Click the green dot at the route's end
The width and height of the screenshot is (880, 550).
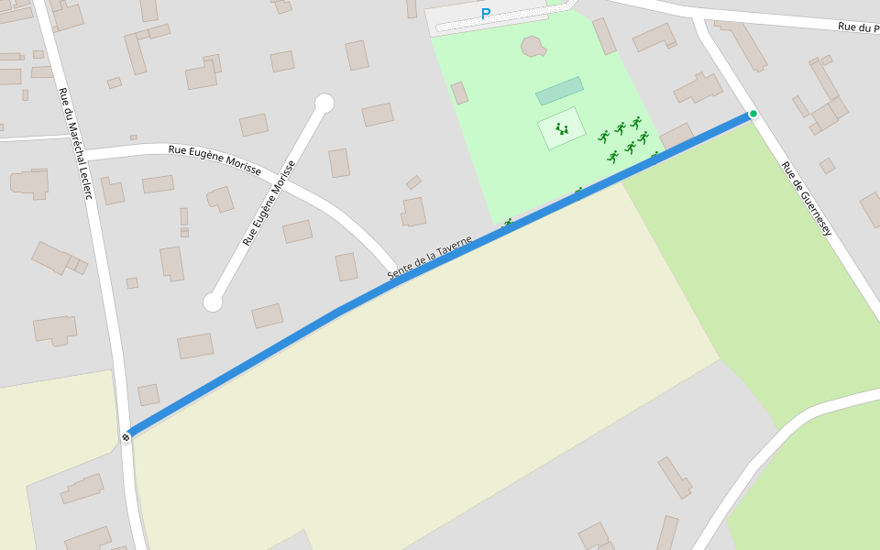pos(753,114)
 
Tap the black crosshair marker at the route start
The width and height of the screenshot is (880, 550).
pos(126,436)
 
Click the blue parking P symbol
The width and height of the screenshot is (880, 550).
pos(486,14)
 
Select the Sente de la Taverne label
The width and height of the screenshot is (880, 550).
pos(429,258)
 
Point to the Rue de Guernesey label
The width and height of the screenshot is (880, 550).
pos(806,199)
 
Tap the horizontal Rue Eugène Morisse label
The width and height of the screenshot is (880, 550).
pos(214,159)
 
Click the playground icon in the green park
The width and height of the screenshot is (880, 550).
pos(562,129)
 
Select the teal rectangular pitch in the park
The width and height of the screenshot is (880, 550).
pos(559,91)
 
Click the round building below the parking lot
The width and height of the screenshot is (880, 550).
pos(533,45)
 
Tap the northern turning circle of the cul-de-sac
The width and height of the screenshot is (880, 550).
pos(324,103)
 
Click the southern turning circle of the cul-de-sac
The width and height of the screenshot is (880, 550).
pos(213,302)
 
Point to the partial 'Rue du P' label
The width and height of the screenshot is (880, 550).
pos(858,27)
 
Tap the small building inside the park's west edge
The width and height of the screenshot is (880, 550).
pos(459,93)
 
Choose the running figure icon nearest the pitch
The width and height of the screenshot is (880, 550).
pos(604,137)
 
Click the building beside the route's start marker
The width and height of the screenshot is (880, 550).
pos(148,394)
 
